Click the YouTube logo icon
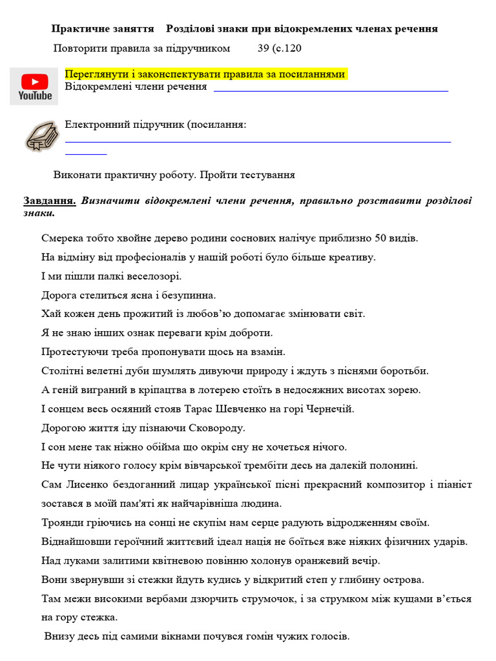click(x=35, y=86)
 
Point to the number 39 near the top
click(x=263, y=48)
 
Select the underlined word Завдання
click(x=50, y=201)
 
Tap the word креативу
click(x=353, y=257)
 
